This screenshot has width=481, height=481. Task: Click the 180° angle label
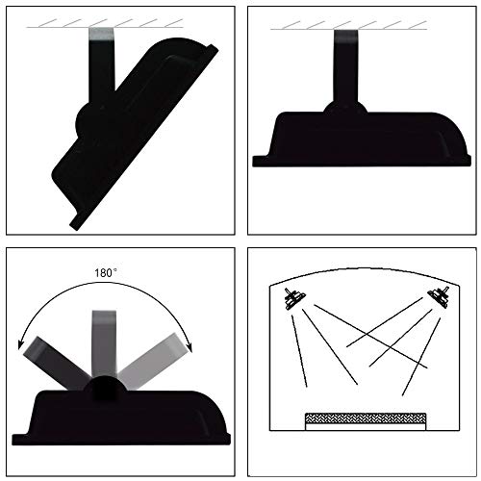tap(106, 273)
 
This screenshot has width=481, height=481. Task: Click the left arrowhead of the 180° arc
tap(21, 345)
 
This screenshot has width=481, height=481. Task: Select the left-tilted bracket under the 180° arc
tap(55, 362)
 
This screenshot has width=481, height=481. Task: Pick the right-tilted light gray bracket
tap(151, 360)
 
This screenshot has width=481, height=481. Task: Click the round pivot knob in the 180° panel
tap(104, 388)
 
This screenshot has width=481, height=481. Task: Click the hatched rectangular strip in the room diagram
tap(366, 418)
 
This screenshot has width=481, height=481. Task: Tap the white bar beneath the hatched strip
tap(366, 427)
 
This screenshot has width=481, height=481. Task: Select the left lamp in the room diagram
tap(294, 298)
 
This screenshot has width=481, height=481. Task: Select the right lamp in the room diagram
tap(439, 296)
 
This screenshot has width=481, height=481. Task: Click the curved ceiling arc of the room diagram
tap(365, 268)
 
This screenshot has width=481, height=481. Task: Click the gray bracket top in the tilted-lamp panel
tap(101, 34)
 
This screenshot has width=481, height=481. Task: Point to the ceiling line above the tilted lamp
tap(105, 28)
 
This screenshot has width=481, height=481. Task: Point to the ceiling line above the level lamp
tap(348, 30)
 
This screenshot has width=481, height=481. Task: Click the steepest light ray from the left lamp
tap(299, 351)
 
